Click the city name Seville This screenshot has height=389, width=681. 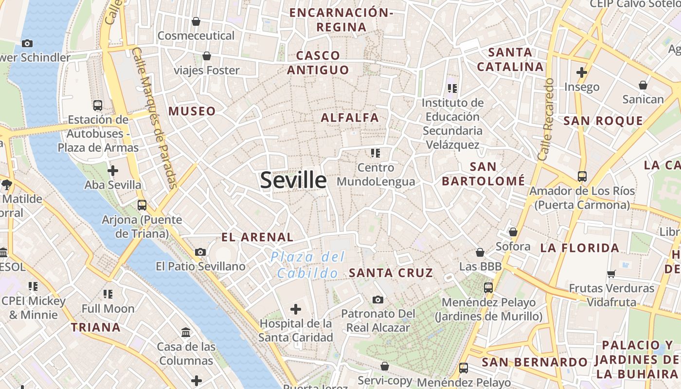pyautogui.click(x=293, y=180)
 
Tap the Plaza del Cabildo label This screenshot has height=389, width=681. pyautogui.click(x=308, y=265)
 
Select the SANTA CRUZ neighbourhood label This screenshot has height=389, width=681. pyautogui.click(x=391, y=273)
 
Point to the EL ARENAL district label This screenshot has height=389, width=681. pyautogui.click(x=257, y=237)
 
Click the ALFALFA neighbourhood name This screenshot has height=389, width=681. pyautogui.click(x=350, y=118)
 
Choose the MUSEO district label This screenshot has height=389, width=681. pyautogui.click(x=192, y=111)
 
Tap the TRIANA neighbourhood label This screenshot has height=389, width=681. pyautogui.click(x=96, y=327)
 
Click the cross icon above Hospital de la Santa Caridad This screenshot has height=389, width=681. pyautogui.click(x=295, y=309)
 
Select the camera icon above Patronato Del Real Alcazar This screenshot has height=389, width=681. pyautogui.click(x=378, y=300)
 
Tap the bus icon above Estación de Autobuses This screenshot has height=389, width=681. pyautogui.click(x=98, y=105)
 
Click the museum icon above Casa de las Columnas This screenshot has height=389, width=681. pyautogui.click(x=186, y=333)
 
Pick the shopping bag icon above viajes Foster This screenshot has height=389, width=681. pyautogui.click(x=207, y=56)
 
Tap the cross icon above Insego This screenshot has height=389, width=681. pyautogui.click(x=582, y=73)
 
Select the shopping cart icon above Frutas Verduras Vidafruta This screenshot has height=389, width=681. pyautogui.click(x=611, y=274)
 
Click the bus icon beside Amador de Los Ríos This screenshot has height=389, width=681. pyautogui.click(x=582, y=176)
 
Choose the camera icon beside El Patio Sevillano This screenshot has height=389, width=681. pyautogui.click(x=200, y=252)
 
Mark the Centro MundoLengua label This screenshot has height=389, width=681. pyautogui.click(x=376, y=175)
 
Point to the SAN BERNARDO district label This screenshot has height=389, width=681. pyautogui.click(x=535, y=362)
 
